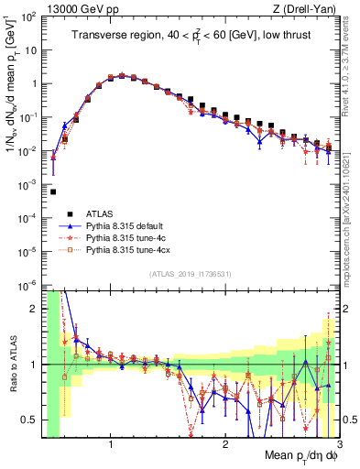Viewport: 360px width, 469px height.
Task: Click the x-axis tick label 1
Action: (x=111, y=446)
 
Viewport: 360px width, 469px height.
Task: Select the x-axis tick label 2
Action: (x=224, y=446)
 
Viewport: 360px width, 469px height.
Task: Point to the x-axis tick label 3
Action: (x=337, y=446)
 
